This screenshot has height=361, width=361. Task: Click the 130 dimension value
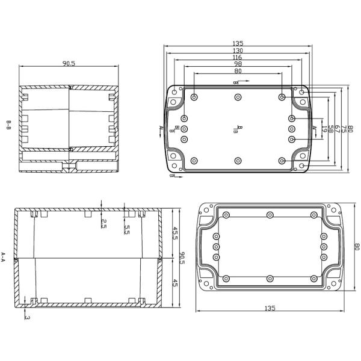tap(238, 50)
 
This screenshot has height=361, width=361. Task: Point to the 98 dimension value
tap(238, 63)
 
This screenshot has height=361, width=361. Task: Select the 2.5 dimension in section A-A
tap(103, 224)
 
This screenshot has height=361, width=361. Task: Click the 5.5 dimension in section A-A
tap(128, 230)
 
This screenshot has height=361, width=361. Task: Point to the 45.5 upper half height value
tap(175, 233)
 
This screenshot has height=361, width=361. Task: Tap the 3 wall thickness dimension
tap(27, 317)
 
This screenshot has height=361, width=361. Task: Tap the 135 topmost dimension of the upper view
tap(238, 43)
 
